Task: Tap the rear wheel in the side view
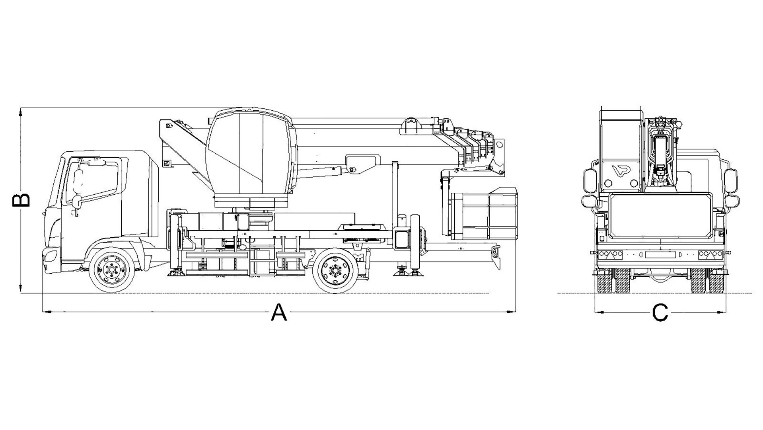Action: (x=335, y=270)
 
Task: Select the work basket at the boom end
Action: (x=485, y=213)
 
